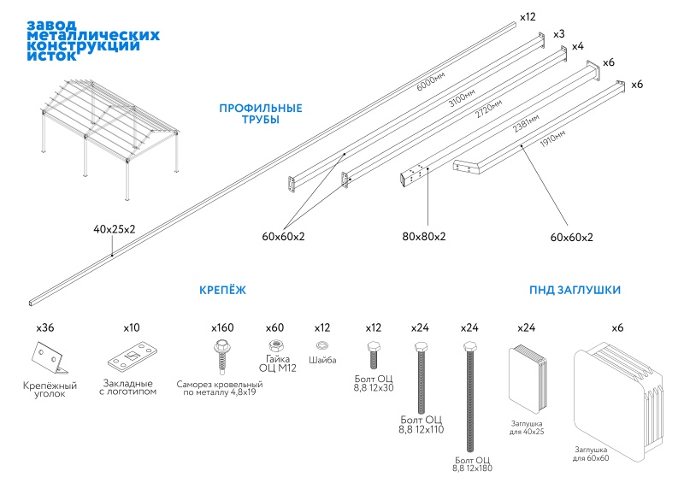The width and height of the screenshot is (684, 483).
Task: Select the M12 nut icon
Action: pyautogui.click(x=275, y=346)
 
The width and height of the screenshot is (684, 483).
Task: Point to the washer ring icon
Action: pyautogui.click(x=321, y=345)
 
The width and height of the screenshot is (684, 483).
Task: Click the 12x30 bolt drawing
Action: pyautogui.click(x=374, y=351)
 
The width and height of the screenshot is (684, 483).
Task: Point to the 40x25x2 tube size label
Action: pyautogui.click(x=114, y=230)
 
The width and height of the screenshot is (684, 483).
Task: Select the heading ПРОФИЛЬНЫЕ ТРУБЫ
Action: pyautogui.click(x=261, y=114)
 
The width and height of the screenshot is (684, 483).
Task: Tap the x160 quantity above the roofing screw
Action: pyautogui.click(x=221, y=327)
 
